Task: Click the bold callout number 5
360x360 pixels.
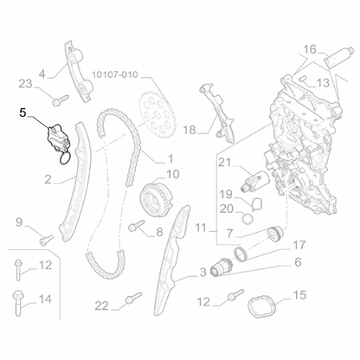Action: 24,112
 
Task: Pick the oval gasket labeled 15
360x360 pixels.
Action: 264,310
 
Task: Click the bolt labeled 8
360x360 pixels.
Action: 138,228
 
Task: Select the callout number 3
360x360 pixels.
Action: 202,272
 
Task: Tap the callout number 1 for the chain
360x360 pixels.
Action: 170,157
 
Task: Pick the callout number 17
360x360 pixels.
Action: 299,244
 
